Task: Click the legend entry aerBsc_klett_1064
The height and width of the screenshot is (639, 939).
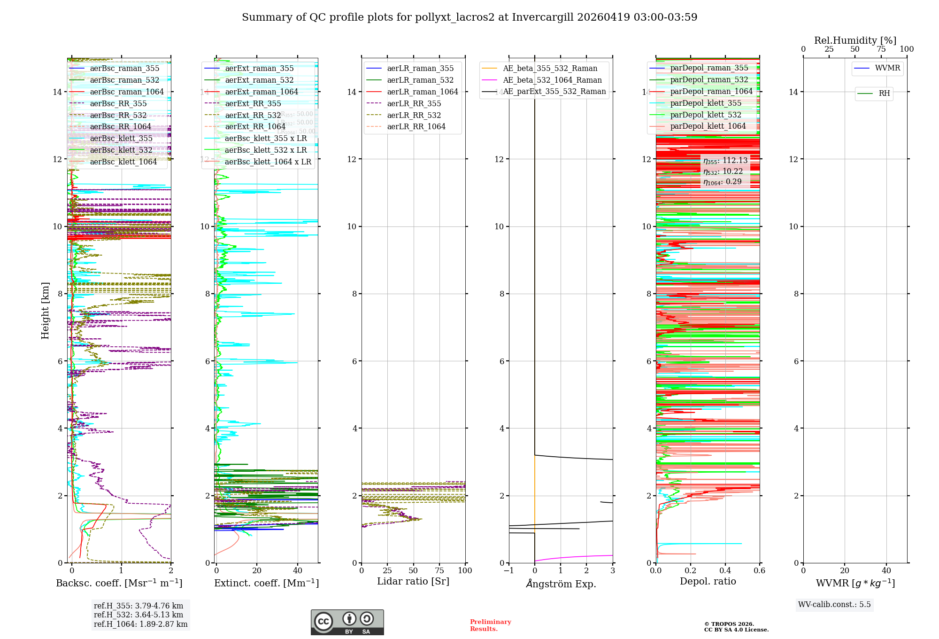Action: point(123,162)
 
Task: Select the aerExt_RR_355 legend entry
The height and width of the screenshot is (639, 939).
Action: point(253,103)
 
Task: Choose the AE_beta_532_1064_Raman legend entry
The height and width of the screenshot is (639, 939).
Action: point(552,80)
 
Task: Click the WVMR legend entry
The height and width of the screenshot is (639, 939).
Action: point(887,68)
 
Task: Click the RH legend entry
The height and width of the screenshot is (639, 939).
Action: point(884,94)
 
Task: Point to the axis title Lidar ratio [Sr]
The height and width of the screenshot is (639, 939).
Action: point(413,581)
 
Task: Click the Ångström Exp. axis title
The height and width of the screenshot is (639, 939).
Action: point(561,584)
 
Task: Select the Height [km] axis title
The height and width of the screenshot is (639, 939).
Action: point(45,310)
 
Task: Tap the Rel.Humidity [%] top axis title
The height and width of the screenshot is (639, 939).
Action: point(855,40)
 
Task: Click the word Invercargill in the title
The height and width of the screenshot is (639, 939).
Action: point(543,17)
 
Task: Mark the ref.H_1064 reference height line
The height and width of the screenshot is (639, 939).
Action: point(140,624)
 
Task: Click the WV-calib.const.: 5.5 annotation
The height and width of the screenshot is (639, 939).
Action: point(834,604)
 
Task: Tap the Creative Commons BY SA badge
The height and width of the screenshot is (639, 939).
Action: point(347,622)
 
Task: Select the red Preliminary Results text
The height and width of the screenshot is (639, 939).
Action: point(490,625)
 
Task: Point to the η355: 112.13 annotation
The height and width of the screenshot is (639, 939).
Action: point(725,161)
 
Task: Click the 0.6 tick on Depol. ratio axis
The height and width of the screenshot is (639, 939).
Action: point(759,570)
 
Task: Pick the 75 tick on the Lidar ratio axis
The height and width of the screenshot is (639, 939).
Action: point(439,570)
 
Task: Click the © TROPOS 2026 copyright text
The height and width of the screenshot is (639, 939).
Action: point(729,624)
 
